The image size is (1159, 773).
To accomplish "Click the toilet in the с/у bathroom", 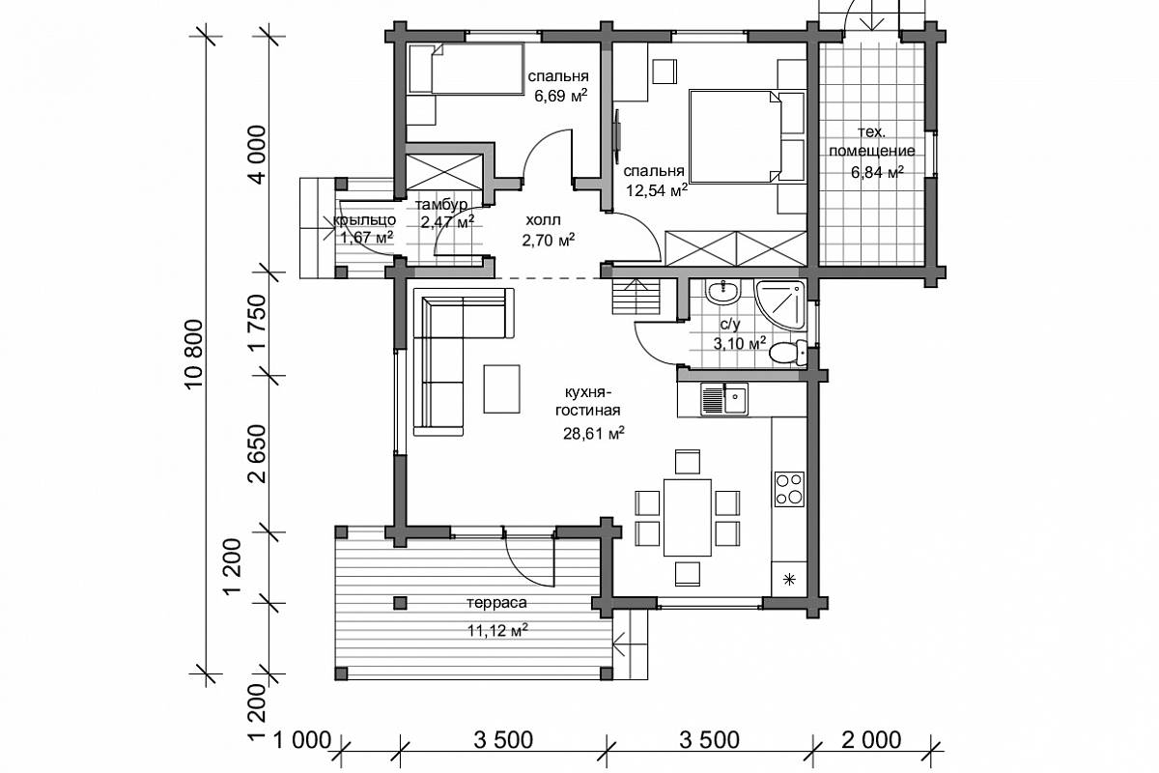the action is click(x=788, y=353).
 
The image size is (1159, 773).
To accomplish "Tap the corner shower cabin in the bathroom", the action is click(x=780, y=305).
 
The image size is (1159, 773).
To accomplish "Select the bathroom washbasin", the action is click(x=723, y=293).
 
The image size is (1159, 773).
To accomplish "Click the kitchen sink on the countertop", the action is click(x=724, y=400).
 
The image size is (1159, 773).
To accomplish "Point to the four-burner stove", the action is click(x=789, y=489).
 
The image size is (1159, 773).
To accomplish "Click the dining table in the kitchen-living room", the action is click(x=688, y=517).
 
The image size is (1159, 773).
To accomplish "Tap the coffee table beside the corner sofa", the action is click(x=501, y=388).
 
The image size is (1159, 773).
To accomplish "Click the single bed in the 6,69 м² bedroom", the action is click(x=466, y=69).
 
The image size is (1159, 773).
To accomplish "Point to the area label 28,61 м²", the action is click(x=593, y=433).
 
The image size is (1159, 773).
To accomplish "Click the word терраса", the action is click(x=496, y=603).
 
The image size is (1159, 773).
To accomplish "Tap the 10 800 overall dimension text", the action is click(x=194, y=356).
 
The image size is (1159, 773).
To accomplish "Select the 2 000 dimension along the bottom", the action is click(x=871, y=740).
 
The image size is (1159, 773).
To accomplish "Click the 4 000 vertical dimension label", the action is click(x=257, y=155).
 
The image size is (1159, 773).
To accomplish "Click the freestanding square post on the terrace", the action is click(x=400, y=603).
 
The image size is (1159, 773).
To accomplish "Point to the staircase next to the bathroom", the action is click(x=636, y=296).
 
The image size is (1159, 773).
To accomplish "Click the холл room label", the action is click(x=543, y=220).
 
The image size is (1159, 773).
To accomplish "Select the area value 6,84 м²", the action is click(x=878, y=171).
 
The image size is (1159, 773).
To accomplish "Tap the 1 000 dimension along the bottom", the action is click(x=300, y=740).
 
